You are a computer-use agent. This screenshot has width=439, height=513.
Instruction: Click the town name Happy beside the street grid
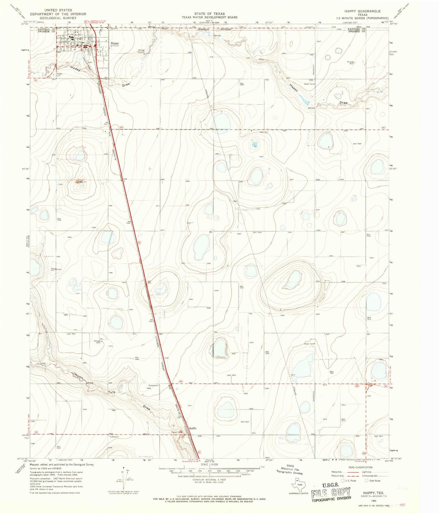(115, 43)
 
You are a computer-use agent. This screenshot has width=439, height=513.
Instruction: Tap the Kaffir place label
(193, 429)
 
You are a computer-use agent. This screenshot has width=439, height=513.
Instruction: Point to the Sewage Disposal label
(141, 51)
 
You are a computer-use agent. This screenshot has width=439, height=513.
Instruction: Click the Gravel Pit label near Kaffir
(177, 432)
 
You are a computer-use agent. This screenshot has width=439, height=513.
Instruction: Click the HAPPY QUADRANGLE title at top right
(362, 11)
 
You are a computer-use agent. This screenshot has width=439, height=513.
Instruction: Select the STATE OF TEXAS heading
(209, 14)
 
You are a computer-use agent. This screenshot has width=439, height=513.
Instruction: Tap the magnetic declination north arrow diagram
(124, 476)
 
